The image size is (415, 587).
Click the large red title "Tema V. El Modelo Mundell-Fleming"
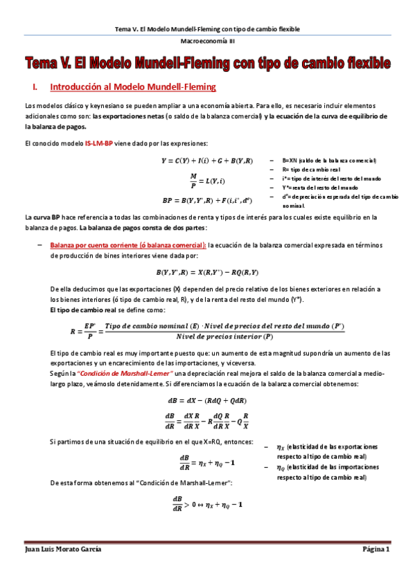(207, 64)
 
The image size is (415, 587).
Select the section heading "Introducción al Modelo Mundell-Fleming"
(134, 87)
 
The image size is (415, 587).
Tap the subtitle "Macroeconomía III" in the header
(207, 42)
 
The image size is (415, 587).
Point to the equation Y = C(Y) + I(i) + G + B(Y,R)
(207, 161)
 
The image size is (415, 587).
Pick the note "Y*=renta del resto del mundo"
(320, 187)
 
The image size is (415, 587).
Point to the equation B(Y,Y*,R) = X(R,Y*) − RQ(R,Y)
(207, 272)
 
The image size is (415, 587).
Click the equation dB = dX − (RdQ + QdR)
(207, 400)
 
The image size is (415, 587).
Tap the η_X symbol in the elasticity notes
(281, 447)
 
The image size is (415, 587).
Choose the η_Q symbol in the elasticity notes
(281, 468)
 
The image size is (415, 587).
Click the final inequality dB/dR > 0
(207, 503)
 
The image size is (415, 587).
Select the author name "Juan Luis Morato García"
(62, 549)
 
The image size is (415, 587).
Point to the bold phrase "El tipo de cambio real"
(80, 309)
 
